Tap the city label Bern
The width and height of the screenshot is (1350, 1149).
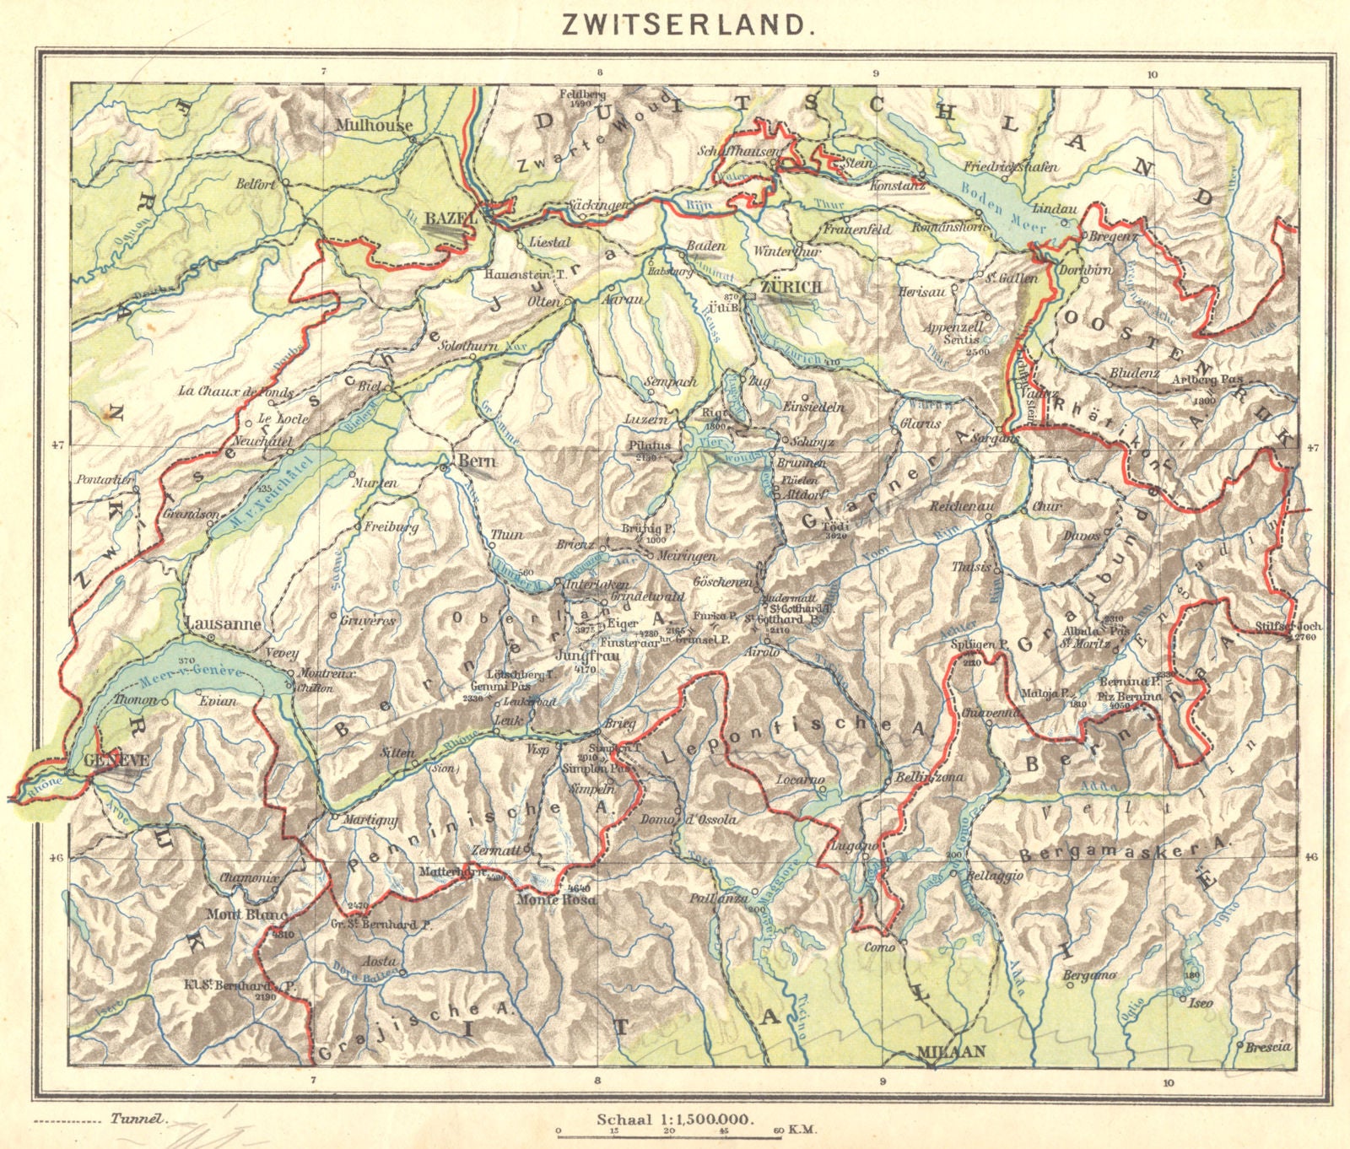coord(477,461)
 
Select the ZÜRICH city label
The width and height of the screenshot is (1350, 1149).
coord(790,288)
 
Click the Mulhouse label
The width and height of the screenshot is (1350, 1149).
coord(374,125)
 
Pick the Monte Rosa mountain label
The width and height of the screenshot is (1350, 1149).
coord(556,900)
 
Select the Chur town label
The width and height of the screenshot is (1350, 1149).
coord(1047,507)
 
